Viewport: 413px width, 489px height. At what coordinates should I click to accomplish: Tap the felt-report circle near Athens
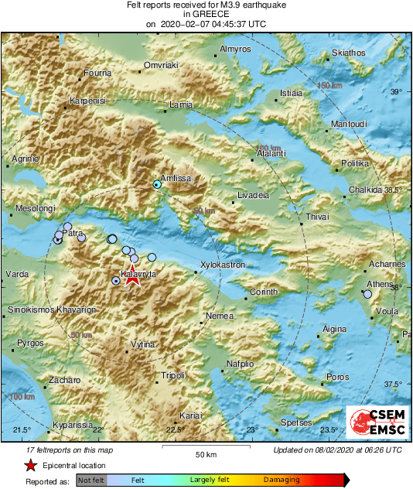click(367, 294)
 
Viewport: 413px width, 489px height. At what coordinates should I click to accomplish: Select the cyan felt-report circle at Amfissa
click(157, 184)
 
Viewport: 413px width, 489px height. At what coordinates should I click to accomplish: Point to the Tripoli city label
click(172, 375)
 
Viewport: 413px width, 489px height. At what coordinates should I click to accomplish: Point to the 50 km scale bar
click(205, 448)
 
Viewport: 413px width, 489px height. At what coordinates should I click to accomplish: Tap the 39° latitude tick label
click(396, 92)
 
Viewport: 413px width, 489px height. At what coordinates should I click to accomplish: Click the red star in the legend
click(30, 465)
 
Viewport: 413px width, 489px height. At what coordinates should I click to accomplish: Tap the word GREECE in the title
click(206, 14)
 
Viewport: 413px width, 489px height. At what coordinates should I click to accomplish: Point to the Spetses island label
click(295, 423)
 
